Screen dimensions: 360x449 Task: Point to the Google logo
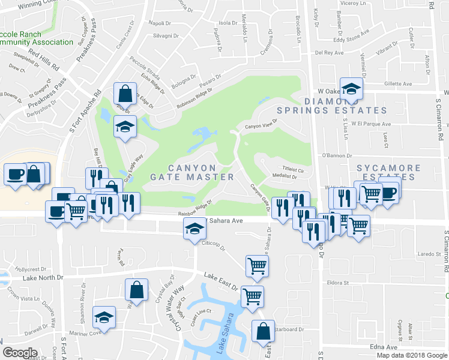[x=20, y=353]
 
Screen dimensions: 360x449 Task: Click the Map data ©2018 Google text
[x=411, y=355]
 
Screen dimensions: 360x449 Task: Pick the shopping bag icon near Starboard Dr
[x=263, y=331]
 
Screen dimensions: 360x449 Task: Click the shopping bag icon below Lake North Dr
[x=136, y=289]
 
